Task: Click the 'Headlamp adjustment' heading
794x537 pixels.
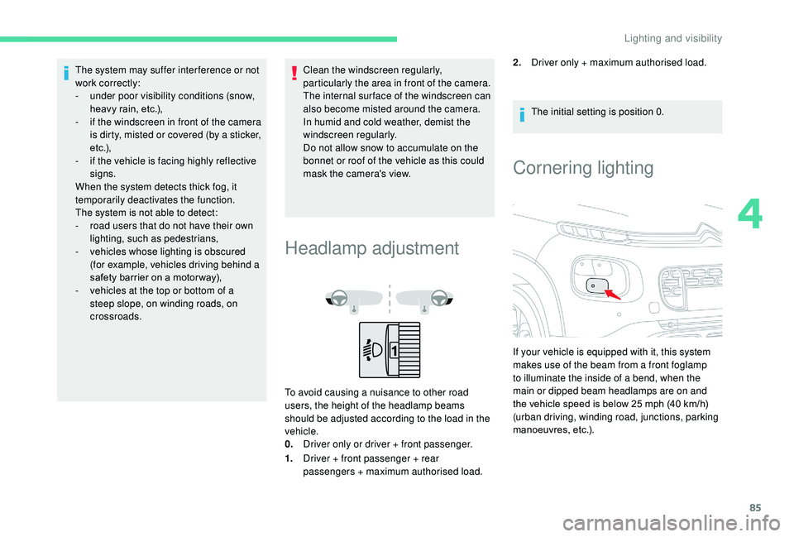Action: coord(371,248)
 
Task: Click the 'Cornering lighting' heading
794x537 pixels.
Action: coord(583,168)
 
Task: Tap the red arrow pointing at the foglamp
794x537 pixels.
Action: coord(613,295)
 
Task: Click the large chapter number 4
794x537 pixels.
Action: coord(750,215)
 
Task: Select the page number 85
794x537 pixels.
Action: coord(755,507)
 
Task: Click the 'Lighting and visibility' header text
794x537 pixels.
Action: coord(673,39)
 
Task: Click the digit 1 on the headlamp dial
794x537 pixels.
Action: coord(394,350)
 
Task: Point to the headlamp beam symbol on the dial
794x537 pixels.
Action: coord(373,350)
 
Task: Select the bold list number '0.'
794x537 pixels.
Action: coord(289,444)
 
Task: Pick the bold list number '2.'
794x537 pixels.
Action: coord(517,63)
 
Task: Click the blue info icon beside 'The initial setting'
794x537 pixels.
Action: coord(522,115)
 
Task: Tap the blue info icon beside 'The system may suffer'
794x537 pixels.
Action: coord(66,73)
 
